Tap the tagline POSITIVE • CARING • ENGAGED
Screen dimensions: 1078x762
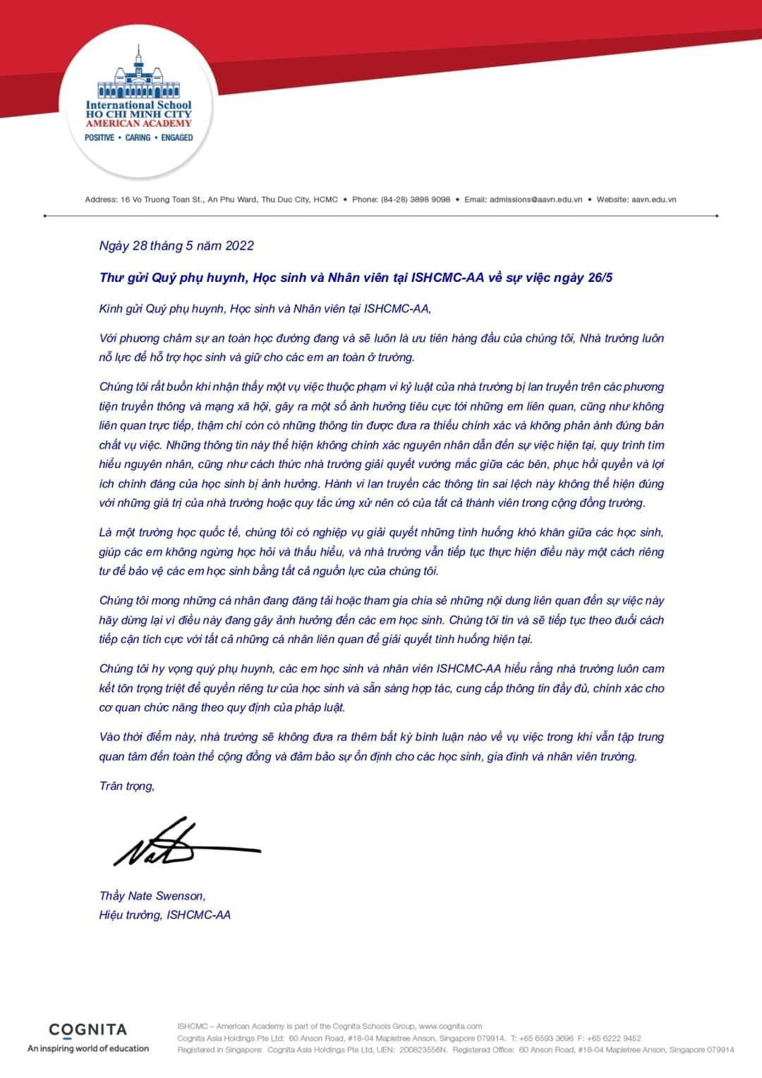(138, 137)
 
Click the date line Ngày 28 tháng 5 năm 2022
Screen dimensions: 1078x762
(176, 246)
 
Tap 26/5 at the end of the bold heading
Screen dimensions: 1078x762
(599, 278)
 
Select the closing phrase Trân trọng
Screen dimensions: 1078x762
(127, 786)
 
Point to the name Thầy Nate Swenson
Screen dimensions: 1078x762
(152, 896)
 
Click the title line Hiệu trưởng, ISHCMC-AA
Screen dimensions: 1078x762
(165, 915)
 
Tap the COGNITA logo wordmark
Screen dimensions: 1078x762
(88, 1029)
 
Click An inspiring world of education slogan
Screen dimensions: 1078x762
(88, 1048)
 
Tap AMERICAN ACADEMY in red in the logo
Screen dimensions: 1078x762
(138, 123)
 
